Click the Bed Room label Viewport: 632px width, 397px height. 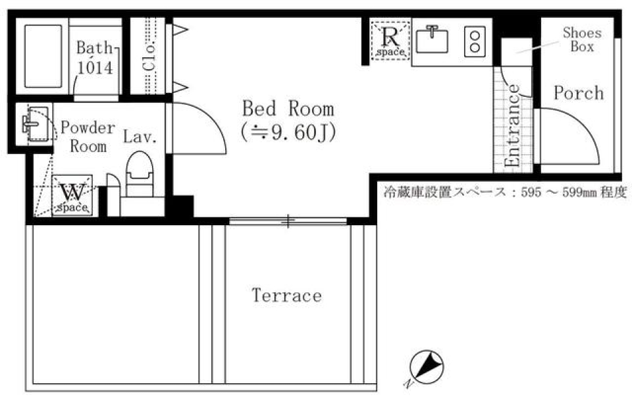[288, 109]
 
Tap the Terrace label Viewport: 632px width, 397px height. [287, 296]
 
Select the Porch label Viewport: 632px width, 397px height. [578, 93]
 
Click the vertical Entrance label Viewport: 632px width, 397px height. [513, 126]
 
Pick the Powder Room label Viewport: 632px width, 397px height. [88, 136]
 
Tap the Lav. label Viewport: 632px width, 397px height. [140, 138]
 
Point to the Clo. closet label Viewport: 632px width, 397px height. [149, 57]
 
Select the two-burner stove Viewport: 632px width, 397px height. [475, 41]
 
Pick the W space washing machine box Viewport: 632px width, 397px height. [72, 196]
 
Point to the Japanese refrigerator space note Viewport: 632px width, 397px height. [504, 194]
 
